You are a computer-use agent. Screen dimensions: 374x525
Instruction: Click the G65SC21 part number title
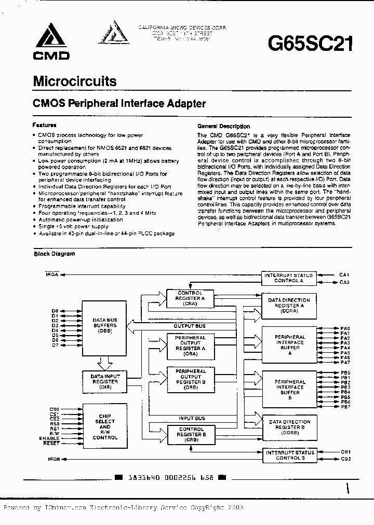(x=310, y=44)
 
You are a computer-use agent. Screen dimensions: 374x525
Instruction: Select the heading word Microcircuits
(x=74, y=81)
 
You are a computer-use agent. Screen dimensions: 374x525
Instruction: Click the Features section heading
(x=44, y=125)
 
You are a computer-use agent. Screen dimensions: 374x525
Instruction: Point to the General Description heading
(x=223, y=126)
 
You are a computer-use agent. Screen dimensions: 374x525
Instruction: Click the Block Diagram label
(x=55, y=254)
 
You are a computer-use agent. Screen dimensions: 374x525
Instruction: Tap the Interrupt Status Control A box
(x=289, y=278)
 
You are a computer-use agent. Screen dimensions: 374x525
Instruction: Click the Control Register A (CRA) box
(x=190, y=298)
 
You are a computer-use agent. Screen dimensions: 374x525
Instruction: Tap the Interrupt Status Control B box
(x=289, y=455)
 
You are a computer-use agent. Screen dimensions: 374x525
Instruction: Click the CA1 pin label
(x=345, y=274)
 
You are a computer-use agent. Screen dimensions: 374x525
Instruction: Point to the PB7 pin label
(x=346, y=407)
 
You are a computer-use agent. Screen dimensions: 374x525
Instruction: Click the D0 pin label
(x=55, y=310)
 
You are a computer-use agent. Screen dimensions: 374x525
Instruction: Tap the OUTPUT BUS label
(x=189, y=326)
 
